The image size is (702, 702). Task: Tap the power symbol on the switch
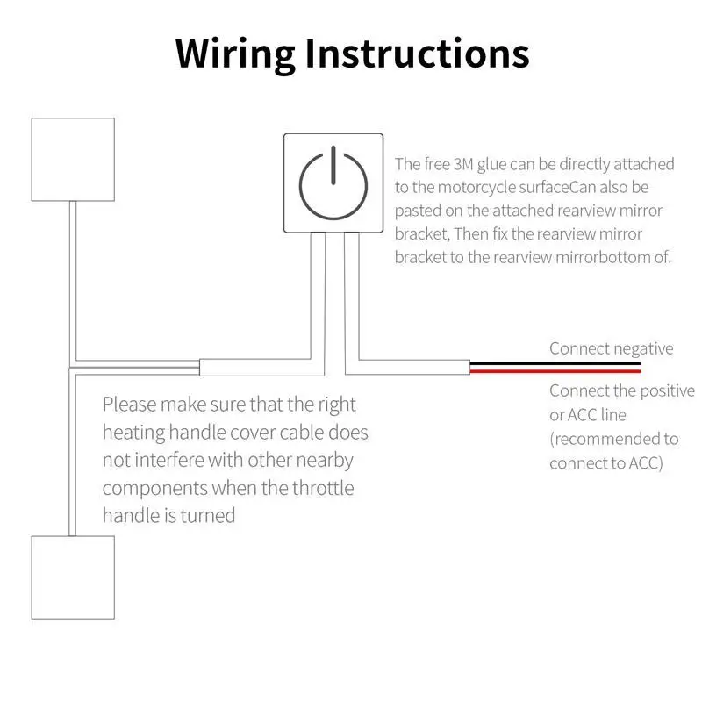pyautogui.click(x=333, y=183)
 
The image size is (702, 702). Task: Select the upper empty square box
pyautogui.click(x=73, y=159)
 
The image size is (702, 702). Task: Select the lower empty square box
pyautogui.click(x=73, y=576)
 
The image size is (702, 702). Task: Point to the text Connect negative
pyautogui.click(x=611, y=348)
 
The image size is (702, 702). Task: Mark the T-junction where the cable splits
pyautogui.click(x=74, y=366)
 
